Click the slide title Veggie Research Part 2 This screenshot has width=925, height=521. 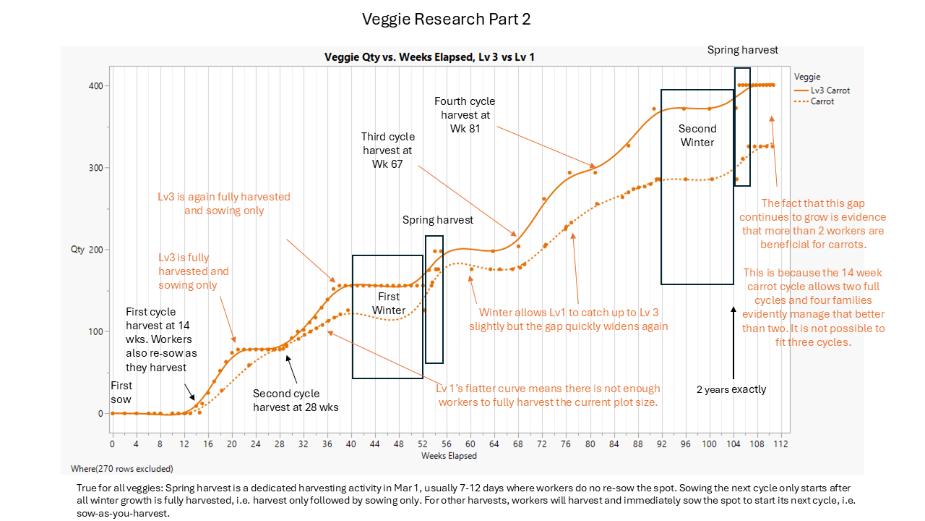446,20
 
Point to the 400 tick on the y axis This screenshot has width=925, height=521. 95,86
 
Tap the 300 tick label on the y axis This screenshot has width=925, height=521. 95,168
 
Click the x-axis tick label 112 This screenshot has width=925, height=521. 780,444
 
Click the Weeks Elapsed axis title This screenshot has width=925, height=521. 449,456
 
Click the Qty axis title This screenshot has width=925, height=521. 77,250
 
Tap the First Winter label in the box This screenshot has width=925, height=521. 389,303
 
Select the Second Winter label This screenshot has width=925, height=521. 697,135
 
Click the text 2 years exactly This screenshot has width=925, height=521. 731,389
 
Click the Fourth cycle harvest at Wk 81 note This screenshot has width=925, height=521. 465,115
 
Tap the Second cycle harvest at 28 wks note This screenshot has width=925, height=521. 296,400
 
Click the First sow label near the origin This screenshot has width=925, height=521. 121,392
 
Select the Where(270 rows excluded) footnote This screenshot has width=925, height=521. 121,469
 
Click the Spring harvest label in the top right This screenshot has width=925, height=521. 742,50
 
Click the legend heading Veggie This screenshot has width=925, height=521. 806,77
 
